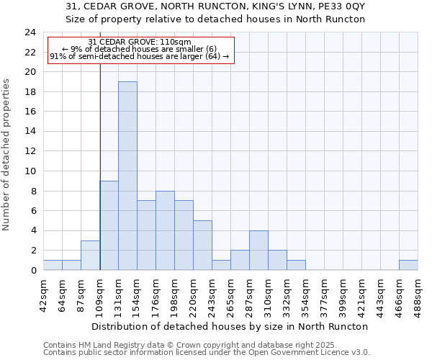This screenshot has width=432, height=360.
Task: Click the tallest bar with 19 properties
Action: click(x=127, y=176)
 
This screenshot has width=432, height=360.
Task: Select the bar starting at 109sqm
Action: click(x=109, y=225)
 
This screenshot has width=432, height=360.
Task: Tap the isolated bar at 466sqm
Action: click(x=408, y=265)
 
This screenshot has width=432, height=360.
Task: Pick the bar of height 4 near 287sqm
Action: click(x=258, y=251)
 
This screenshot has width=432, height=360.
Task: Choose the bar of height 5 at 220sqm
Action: click(x=202, y=246)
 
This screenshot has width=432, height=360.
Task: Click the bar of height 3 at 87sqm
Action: click(x=90, y=256)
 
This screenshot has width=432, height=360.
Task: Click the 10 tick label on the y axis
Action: click(x=30, y=171)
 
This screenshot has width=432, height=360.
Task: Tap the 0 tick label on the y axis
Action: click(x=32, y=271)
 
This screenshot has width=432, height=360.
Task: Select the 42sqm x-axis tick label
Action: click(x=43, y=293)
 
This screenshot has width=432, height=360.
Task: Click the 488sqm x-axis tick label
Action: click(x=418, y=293)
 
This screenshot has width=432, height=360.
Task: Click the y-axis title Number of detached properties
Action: click(x=7, y=156)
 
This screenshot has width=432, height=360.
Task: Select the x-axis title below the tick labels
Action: click(x=230, y=326)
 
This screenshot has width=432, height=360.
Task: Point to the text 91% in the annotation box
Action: click(x=58, y=56)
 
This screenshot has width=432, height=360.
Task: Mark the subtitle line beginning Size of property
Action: click(x=215, y=19)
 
